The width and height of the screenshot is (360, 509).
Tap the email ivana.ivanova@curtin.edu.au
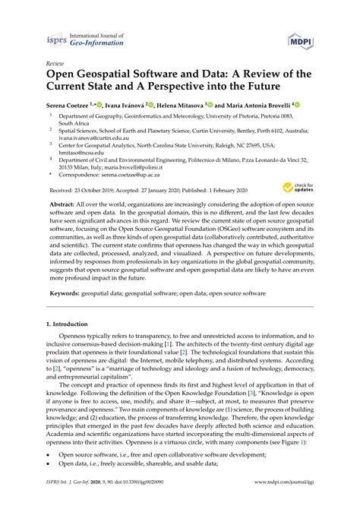point(86,139)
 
